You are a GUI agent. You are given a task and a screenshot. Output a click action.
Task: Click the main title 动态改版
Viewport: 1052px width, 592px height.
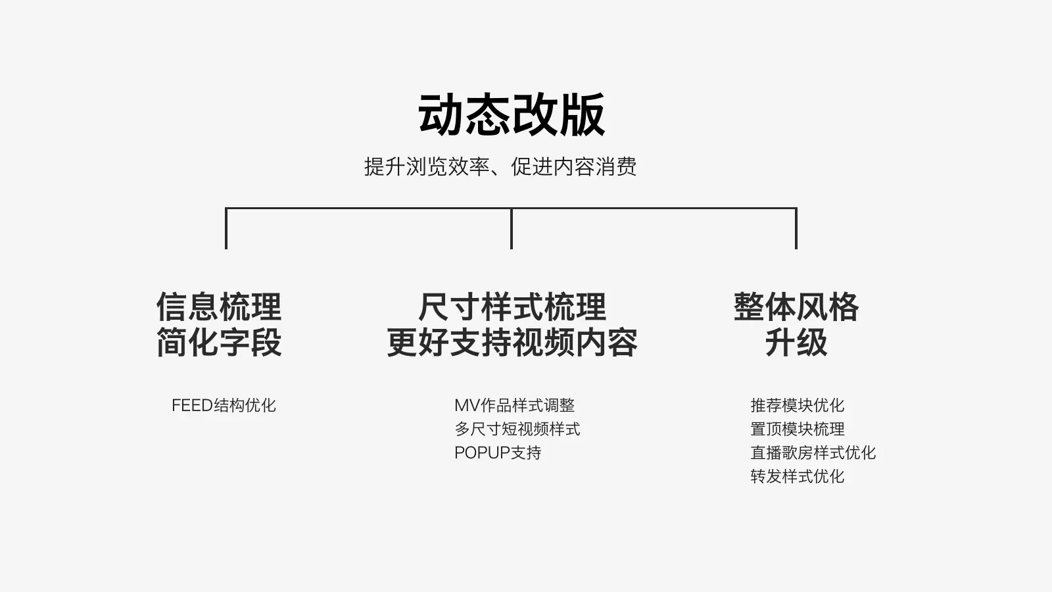[x=512, y=115]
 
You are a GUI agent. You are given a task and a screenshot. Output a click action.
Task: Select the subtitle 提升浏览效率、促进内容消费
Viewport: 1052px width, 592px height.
[x=500, y=166]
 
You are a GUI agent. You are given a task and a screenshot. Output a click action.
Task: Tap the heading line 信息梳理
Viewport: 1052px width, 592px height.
[x=219, y=307]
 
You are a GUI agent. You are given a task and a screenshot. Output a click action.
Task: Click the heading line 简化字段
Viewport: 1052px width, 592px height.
[x=219, y=343]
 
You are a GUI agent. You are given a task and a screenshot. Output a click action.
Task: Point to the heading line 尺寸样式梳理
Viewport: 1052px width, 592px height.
[x=512, y=307]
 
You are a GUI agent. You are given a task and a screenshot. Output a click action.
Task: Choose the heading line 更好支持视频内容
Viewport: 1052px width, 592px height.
[x=512, y=343]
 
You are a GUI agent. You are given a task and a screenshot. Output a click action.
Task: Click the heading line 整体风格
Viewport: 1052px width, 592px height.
[x=796, y=307]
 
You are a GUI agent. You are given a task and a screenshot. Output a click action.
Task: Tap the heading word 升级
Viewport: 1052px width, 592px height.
[x=796, y=343]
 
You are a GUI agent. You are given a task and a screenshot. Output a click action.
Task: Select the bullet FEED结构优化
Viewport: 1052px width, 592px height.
[x=224, y=405]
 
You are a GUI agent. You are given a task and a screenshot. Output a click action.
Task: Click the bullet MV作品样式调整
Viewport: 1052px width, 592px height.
[x=514, y=405]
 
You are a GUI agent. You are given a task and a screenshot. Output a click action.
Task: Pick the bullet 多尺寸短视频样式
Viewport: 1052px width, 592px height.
[x=517, y=429]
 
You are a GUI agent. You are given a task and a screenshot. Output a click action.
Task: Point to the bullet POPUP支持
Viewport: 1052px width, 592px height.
[x=498, y=453]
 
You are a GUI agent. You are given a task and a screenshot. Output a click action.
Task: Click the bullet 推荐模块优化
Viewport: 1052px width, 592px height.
[x=797, y=405]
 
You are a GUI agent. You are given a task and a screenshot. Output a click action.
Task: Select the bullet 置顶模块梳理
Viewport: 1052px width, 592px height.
[x=797, y=429]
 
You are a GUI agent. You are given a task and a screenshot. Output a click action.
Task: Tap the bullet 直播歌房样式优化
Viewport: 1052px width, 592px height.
[x=813, y=453]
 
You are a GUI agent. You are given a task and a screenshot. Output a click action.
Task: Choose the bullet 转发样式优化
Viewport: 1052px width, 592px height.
[x=797, y=476]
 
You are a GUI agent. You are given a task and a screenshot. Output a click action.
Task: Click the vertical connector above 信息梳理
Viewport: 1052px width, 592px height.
[x=226, y=229]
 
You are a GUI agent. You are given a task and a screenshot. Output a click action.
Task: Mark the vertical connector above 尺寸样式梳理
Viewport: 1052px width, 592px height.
[x=512, y=229]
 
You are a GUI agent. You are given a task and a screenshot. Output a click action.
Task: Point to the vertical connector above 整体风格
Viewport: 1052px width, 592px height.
[x=796, y=229]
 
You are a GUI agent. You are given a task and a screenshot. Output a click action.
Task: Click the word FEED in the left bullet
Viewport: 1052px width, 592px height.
[x=192, y=405]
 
